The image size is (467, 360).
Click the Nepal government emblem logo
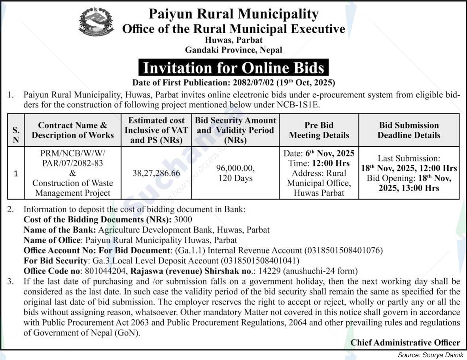[x=96, y=22]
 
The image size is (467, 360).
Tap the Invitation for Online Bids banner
[x=233, y=68]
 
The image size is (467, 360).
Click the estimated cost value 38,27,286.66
[x=156, y=173]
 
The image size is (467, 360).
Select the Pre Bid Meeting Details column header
[x=319, y=130]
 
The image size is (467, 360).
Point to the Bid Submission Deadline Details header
[x=408, y=130]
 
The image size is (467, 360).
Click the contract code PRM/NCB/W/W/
[x=73, y=153]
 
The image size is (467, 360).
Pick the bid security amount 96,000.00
[x=235, y=168]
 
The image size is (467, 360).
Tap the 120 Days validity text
[x=235, y=178]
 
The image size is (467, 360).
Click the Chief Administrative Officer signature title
[x=405, y=343]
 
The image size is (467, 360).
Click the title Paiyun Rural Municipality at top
[x=233, y=14]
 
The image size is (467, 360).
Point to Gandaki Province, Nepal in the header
[x=233, y=50]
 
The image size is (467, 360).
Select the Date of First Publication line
[x=233, y=83]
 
